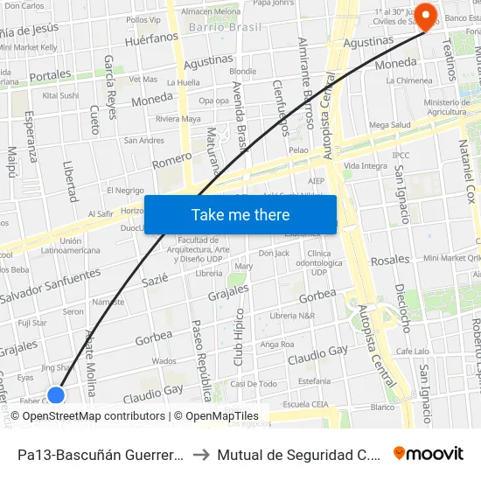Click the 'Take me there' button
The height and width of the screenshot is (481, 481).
(x=240, y=215)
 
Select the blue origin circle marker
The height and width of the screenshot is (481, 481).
(x=56, y=395)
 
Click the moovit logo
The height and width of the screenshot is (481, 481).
(x=428, y=453)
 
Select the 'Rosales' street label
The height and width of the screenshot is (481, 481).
(x=389, y=260)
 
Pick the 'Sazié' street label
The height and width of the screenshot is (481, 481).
(x=154, y=280)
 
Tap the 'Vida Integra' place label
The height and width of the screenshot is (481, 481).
(x=366, y=165)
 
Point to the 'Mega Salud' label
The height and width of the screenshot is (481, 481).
(x=389, y=125)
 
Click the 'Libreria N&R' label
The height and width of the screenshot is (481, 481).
(x=292, y=315)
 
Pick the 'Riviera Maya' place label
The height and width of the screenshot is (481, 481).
(x=178, y=118)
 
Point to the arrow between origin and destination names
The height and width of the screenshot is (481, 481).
(x=200, y=454)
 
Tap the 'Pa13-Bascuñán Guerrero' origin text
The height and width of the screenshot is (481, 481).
(x=100, y=454)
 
